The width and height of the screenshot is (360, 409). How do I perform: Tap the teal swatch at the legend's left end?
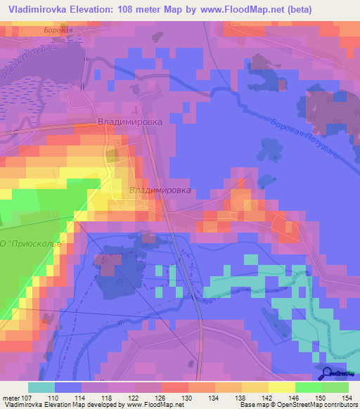pos(41,387)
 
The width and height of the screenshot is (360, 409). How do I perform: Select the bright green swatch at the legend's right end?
pos(335,387)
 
